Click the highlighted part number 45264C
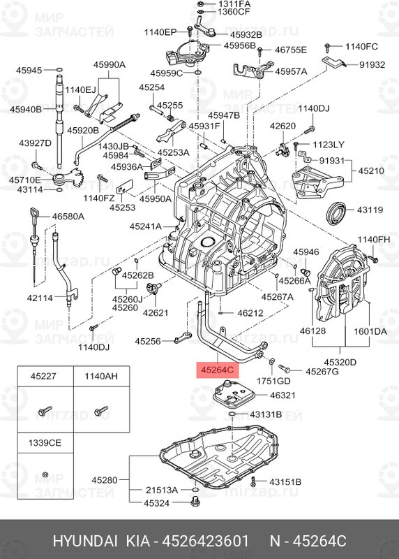217,370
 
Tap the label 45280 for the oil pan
105,480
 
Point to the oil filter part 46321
232,394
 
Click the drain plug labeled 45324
195,502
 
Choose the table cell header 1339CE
45,443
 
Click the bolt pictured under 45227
45,411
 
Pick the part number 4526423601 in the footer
205,541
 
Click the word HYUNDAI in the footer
85,541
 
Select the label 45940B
26,109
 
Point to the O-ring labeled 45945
60,70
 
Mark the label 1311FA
234,4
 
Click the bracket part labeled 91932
334,63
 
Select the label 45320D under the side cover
340,362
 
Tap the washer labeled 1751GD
271,362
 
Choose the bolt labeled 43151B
253,481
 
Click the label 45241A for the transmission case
146,226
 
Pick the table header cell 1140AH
101,376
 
